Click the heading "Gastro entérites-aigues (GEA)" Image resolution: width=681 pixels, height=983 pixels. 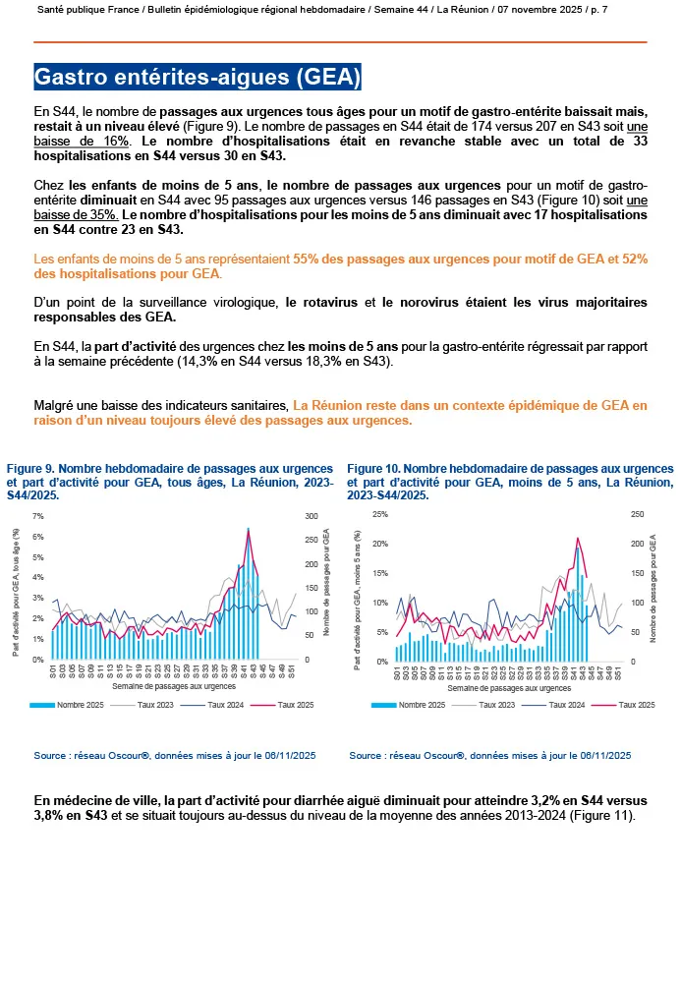[198, 77]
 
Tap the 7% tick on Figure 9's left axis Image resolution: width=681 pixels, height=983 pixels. [38, 516]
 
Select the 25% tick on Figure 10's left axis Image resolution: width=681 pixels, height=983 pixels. [378, 514]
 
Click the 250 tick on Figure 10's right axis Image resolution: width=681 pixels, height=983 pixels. [637, 514]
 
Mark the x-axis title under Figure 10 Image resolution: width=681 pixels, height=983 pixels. [507, 688]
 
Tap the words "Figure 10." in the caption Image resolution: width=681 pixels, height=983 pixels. [373, 469]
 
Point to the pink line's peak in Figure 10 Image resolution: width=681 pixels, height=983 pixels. [578, 538]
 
